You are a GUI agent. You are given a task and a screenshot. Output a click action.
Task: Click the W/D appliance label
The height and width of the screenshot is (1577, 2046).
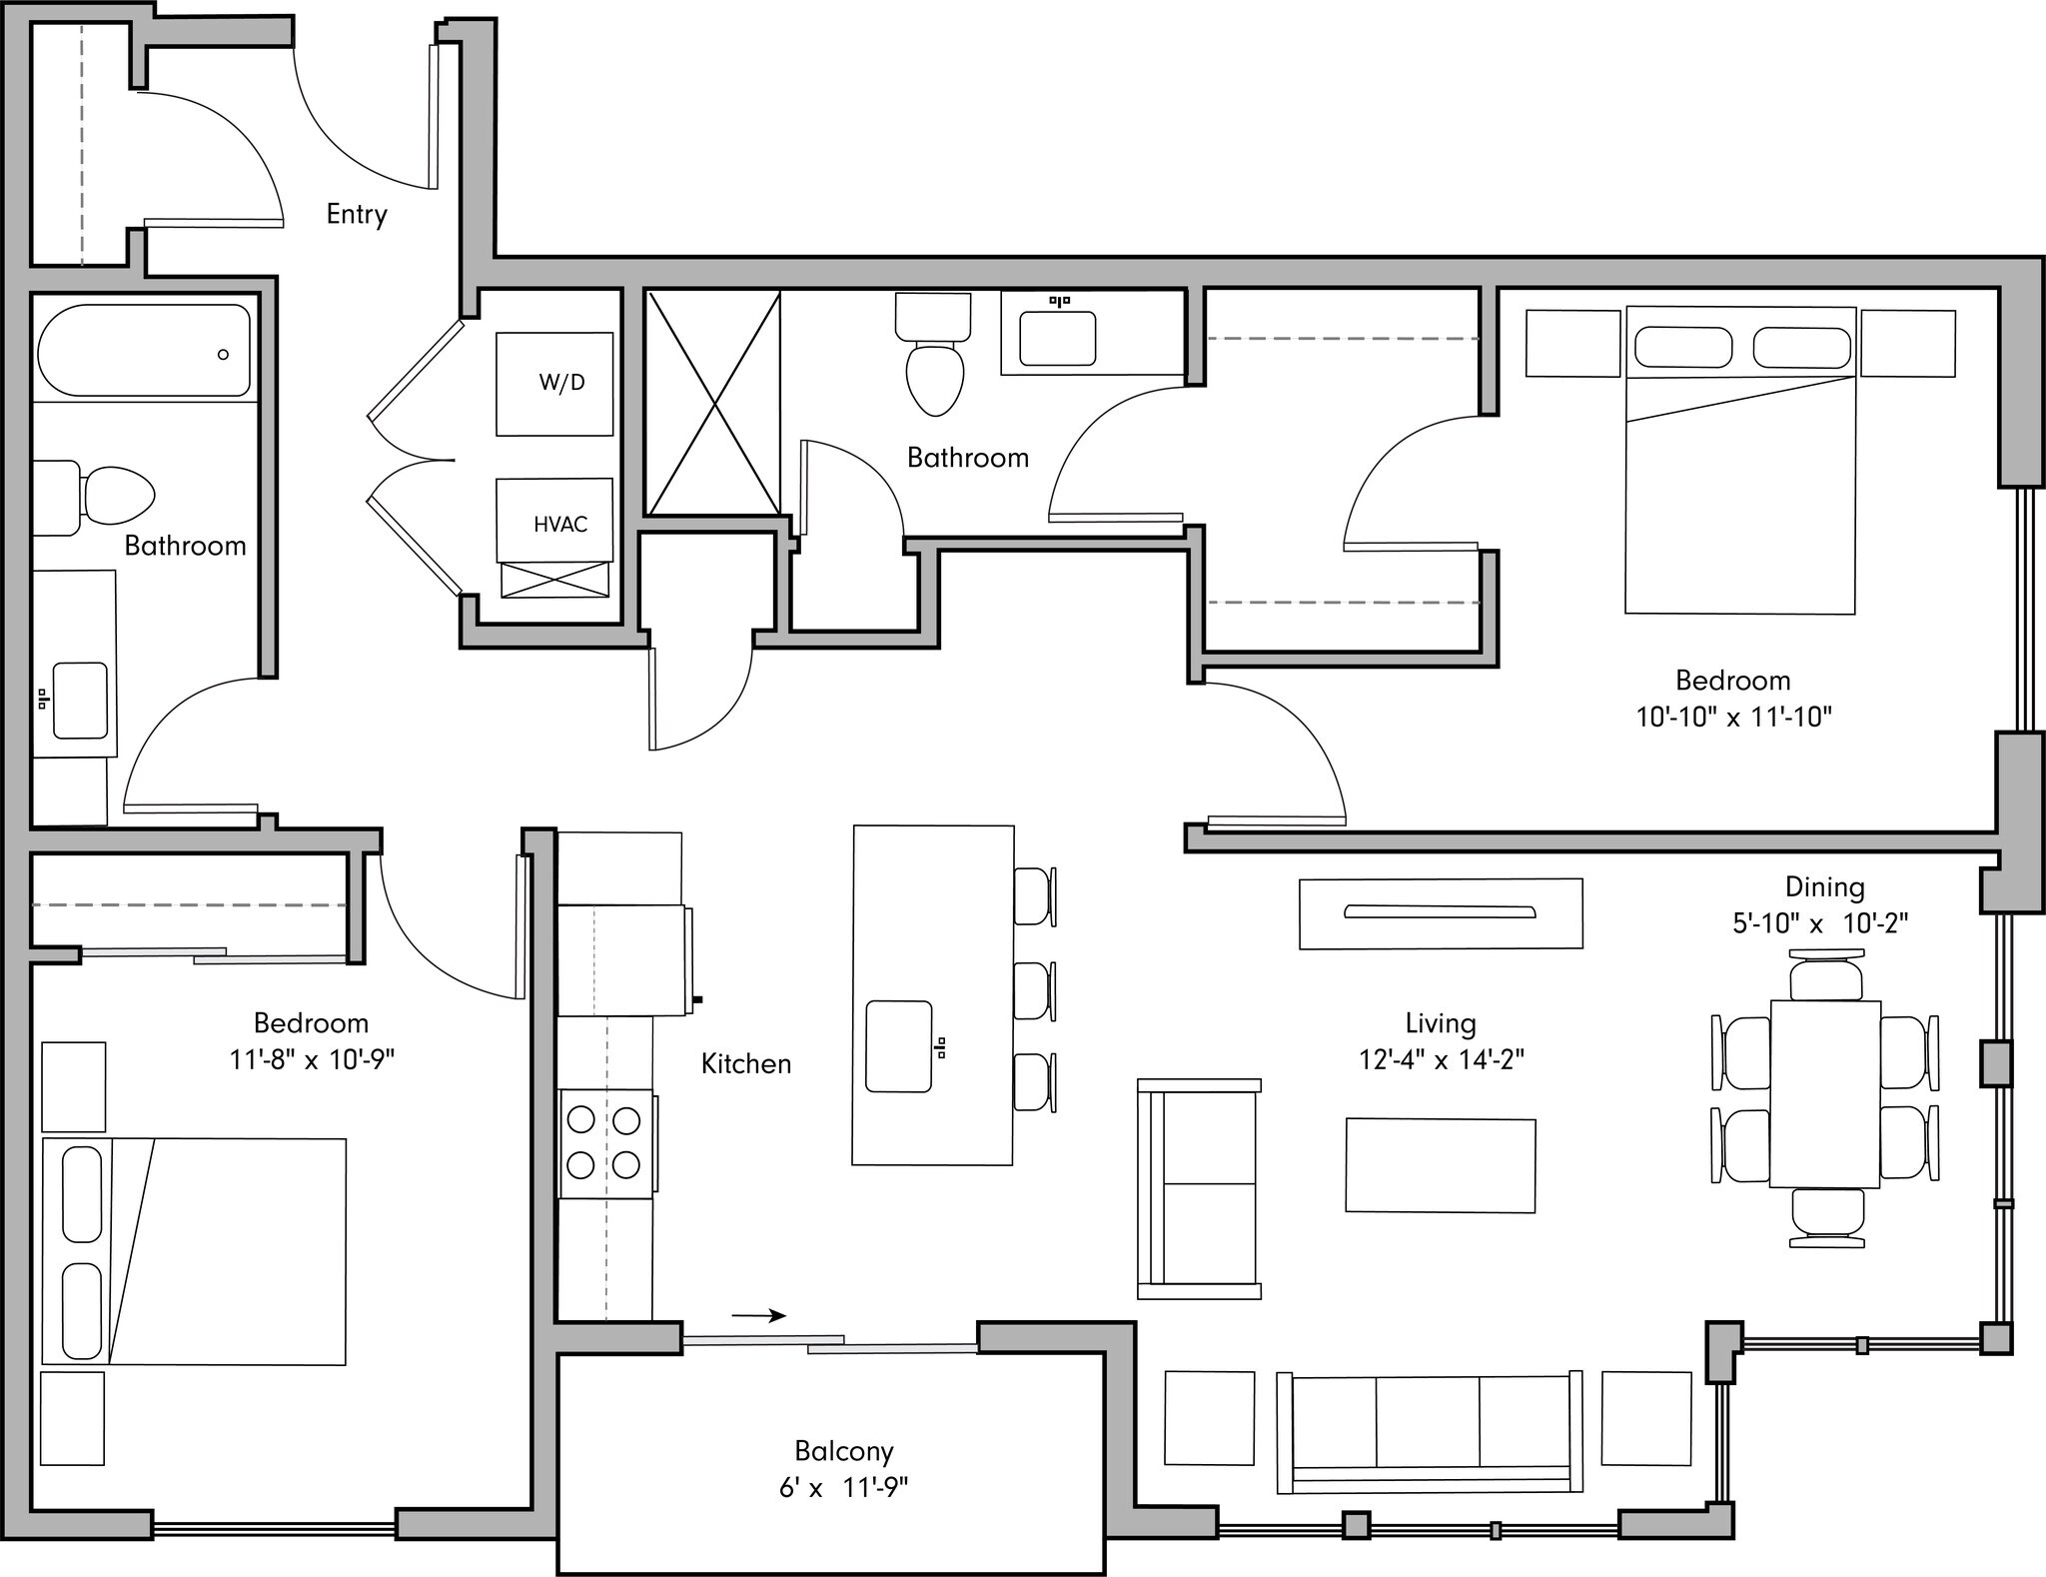pos(561,383)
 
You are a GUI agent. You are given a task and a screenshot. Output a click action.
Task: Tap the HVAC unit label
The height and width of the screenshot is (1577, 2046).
pos(559,524)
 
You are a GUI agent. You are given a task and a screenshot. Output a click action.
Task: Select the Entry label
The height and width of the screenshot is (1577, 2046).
pos(357,214)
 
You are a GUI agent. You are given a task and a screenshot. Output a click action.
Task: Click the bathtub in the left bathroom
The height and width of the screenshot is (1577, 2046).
pos(144,352)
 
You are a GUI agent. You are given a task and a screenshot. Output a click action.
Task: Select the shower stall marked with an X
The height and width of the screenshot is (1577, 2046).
pos(713,403)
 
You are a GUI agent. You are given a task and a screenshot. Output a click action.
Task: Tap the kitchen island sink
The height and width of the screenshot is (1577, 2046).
pos(899,1046)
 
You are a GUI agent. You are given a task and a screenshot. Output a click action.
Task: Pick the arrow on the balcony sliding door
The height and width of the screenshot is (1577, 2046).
pos(759,1316)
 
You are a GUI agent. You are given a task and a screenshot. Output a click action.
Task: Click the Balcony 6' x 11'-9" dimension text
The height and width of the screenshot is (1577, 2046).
pos(843,1488)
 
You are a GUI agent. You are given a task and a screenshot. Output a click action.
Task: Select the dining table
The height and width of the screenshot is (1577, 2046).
pos(1825,1093)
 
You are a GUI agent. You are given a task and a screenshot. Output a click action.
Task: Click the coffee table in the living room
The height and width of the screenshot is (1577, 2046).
pos(1440,1165)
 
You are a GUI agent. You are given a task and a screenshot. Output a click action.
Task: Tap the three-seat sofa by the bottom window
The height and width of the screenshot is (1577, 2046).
pos(1429,1432)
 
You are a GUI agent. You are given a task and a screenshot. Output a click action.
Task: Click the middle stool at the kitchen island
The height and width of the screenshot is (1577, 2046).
pos(1033,990)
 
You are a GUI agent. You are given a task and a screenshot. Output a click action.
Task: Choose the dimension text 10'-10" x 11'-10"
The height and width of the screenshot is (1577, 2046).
pos(1733,717)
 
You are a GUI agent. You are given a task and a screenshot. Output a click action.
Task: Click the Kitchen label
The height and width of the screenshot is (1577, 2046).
pos(746,1063)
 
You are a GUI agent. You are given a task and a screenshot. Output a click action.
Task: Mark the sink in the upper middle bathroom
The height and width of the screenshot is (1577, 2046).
pos(1057,338)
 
